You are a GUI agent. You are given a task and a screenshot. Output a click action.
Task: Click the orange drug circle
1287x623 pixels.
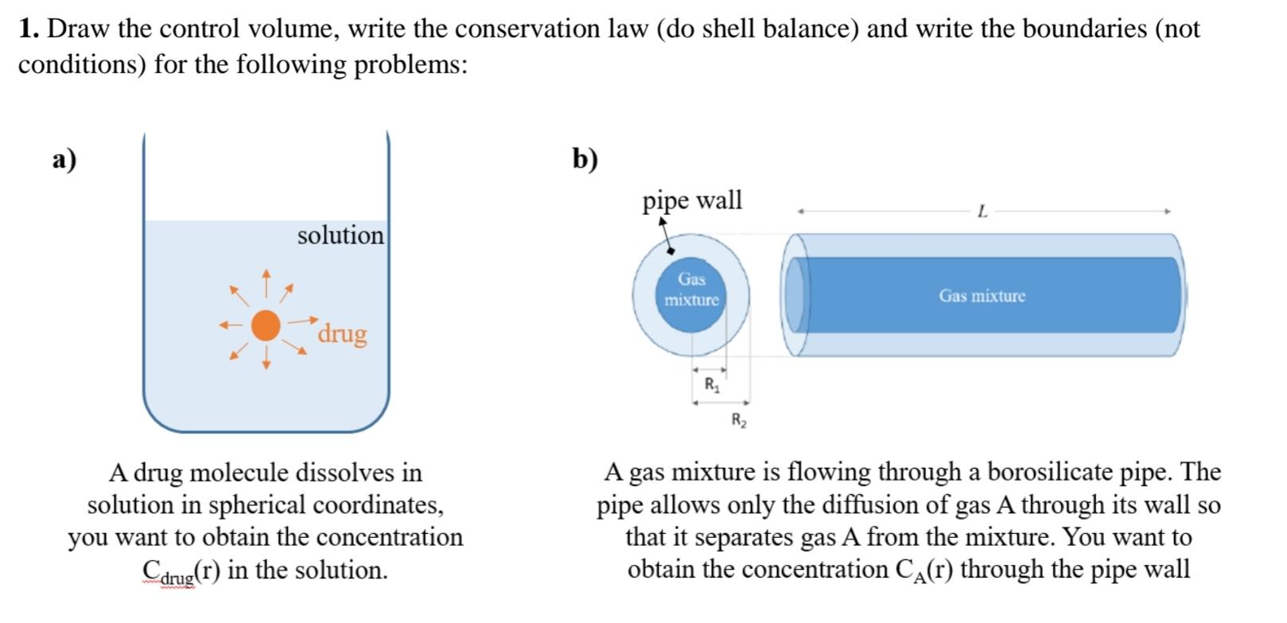point(266,325)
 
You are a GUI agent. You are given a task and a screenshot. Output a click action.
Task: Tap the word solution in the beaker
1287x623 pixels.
point(340,236)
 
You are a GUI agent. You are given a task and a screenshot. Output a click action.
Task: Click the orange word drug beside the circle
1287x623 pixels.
point(342,333)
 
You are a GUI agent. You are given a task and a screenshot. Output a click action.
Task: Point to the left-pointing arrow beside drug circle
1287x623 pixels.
point(231,325)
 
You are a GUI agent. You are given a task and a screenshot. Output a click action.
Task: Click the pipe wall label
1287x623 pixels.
point(692,201)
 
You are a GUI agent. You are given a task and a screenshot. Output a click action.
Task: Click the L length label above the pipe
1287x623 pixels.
point(982,212)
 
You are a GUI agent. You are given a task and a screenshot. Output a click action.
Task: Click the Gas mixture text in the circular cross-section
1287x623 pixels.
point(691,290)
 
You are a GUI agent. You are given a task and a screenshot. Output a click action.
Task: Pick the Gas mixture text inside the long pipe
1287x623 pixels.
point(982,296)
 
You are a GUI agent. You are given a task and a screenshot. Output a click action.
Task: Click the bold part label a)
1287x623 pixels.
point(64,159)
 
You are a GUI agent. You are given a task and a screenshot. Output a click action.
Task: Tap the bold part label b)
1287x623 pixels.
point(585,159)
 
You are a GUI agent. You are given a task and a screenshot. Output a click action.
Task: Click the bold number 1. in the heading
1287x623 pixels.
point(29,29)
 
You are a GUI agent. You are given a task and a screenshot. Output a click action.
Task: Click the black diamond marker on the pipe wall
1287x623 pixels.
point(671,250)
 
